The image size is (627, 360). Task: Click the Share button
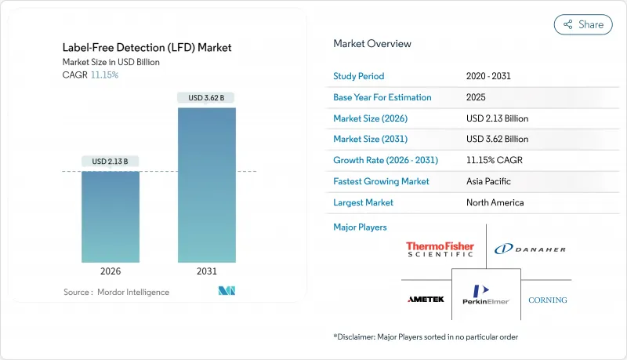click(583, 24)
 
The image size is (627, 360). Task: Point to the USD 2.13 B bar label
click(111, 162)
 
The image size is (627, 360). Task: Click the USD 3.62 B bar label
click(207, 98)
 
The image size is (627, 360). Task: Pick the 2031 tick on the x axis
click(207, 271)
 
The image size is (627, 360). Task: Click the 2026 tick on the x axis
click(111, 271)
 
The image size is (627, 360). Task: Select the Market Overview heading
click(372, 44)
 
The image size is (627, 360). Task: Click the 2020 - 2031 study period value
click(490, 77)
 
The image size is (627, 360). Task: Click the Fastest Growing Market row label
click(381, 181)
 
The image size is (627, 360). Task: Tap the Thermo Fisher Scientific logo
click(440, 249)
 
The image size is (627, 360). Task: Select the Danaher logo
click(530, 249)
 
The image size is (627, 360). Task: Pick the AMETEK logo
click(426, 300)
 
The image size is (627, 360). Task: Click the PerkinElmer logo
click(486, 294)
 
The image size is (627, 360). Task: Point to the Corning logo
click(547, 300)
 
